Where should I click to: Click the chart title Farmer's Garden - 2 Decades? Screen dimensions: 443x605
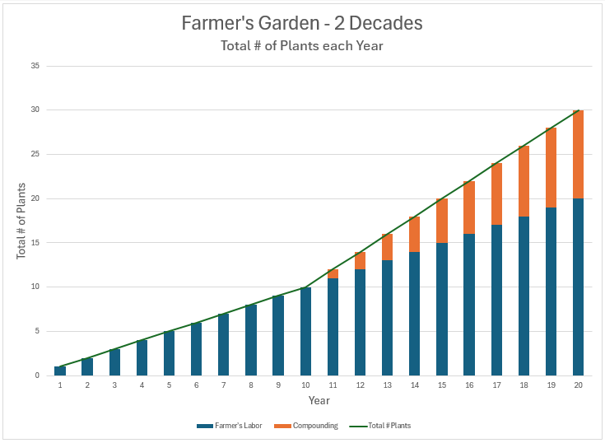pyautogui.click(x=302, y=23)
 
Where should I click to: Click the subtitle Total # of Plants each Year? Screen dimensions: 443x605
pyautogui.click(x=302, y=46)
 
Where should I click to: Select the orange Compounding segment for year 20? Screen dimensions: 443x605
pyautogui.click(x=578, y=154)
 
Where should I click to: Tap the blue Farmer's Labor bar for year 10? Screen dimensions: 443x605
pyautogui.click(x=305, y=331)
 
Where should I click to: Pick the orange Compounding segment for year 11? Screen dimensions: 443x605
pyautogui.click(x=333, y=273)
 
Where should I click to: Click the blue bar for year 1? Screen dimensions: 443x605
pyautogui.click(x=60, y=371)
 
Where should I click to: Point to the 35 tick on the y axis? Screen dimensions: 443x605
pyautogui.click(x=35, y=66)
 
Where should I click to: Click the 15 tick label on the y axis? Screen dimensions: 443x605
pyautogui.click(x=35, y=243)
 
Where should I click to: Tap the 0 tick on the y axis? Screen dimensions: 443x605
pyautogui.click(x=37, y=375)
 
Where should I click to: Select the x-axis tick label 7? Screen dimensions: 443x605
pyautogui.click(x=224, y=385)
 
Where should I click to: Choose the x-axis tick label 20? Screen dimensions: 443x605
pyautogui.click(x=578, y=385)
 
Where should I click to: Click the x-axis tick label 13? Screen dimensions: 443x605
pyautogui.click(x=387, y=385)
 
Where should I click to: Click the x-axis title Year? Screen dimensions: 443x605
pyautogui.click(x=319, y=400)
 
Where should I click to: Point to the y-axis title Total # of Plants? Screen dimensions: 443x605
pyautogui.click(x=21, y=221)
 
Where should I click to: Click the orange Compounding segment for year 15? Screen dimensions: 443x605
pyautogui.click(x=442, y=221)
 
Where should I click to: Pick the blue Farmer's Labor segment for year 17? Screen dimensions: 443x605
pyautogui.click(x=496, y=301)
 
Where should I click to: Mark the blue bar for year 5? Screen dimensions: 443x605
pyautogui.click(x=170, y=353)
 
